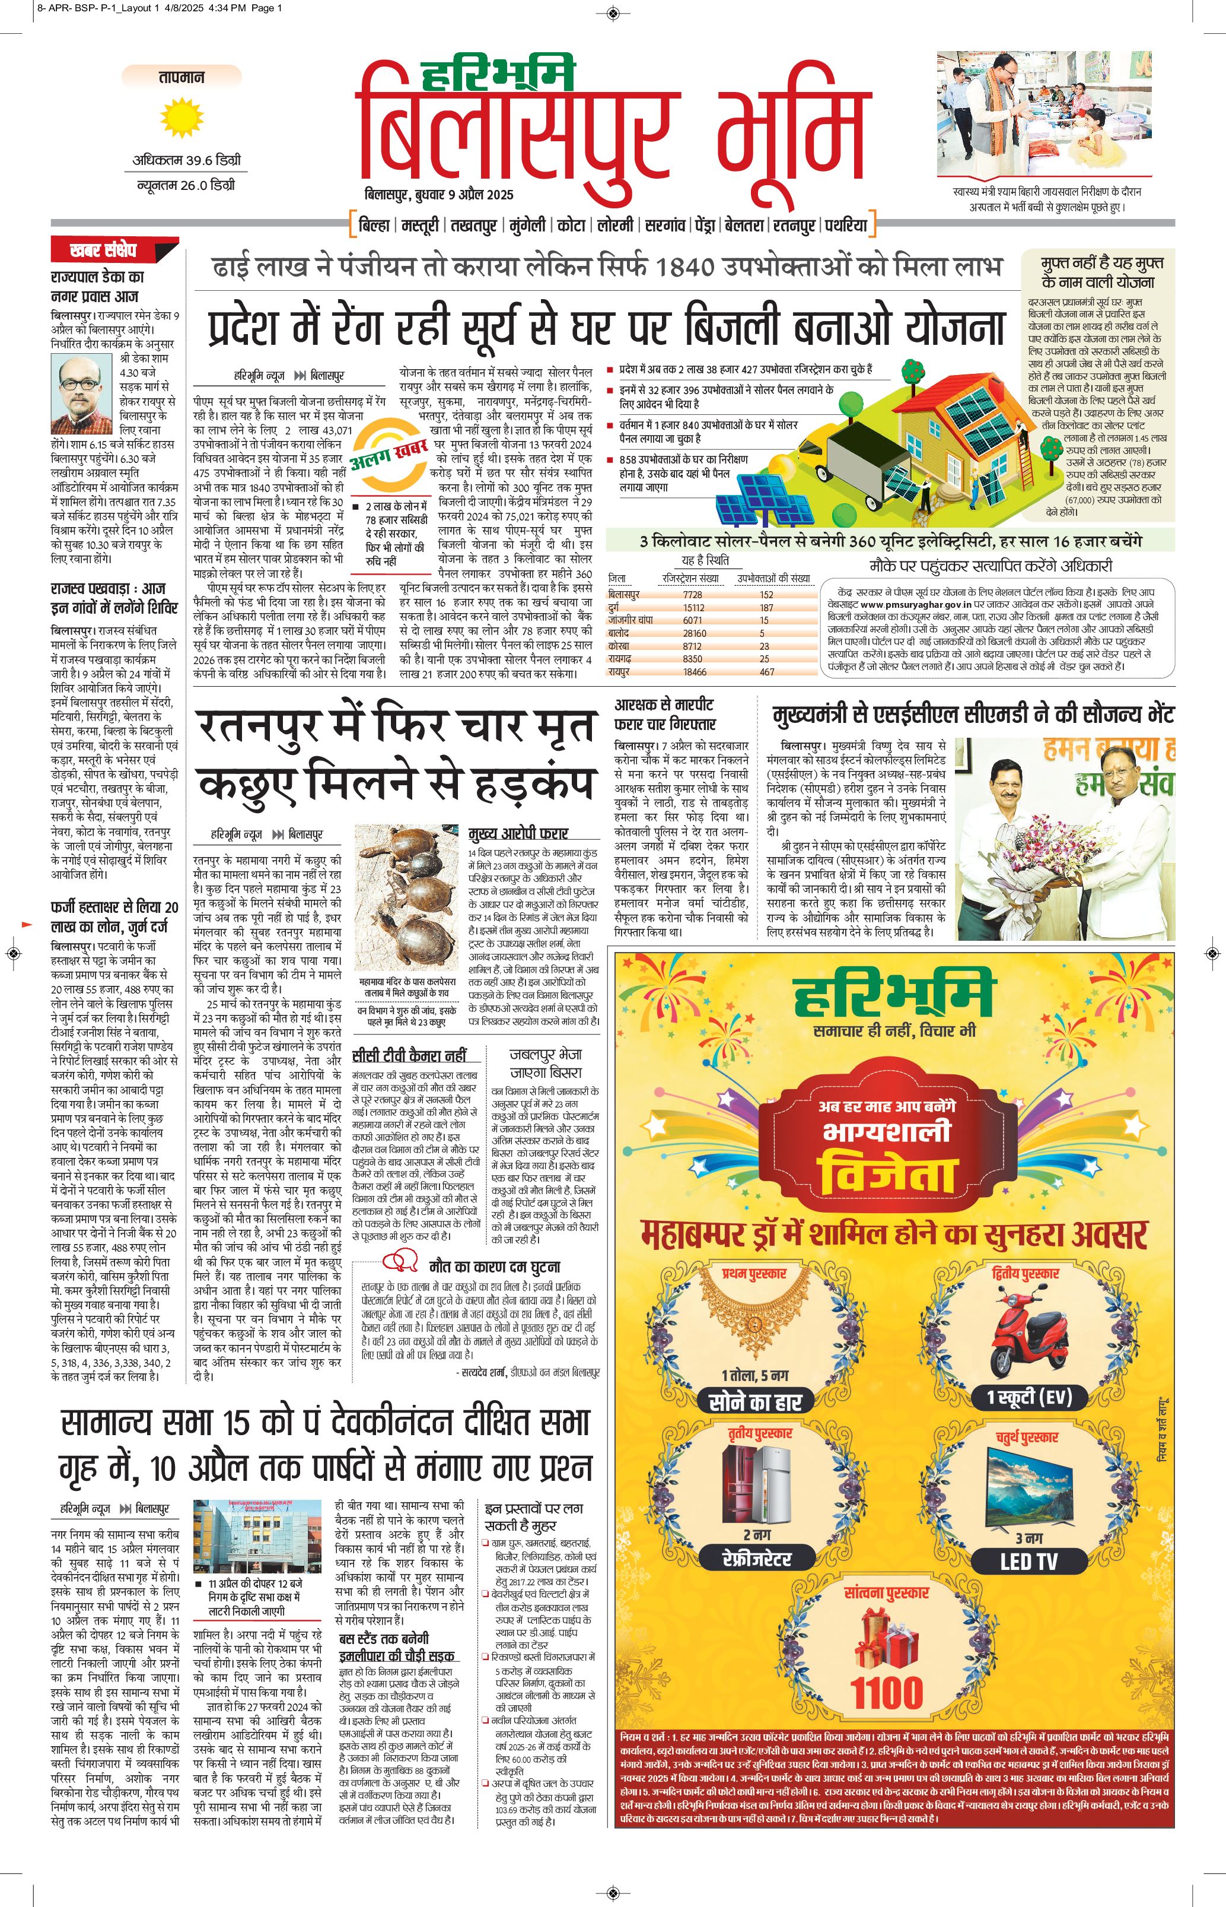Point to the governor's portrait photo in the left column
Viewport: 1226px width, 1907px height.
point(81,394)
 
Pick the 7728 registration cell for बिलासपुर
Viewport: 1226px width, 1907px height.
point(693,594)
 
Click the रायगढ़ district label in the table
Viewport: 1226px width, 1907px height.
point(620,659)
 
